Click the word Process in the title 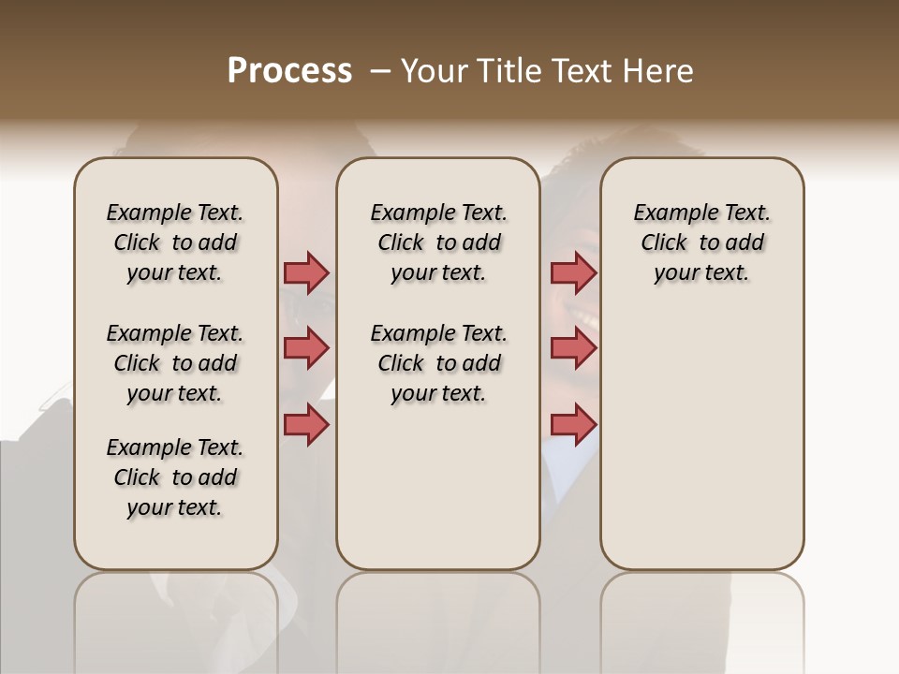(x=289, y=70)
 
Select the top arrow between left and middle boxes (x=306, y=272)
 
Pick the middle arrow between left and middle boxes (x=306, y=348)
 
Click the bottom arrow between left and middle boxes (x=306, y=424)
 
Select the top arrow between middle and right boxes (x=573, y=272)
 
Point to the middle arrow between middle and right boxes (x=573, y=348)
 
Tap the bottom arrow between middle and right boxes (x=573, y=424)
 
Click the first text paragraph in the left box (x=175, y=242)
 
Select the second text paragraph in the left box (x=175, y=363)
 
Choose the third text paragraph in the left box (x=175, y=477)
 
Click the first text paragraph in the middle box (x=438, y=242)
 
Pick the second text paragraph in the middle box (x=438, y=363)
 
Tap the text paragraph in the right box (x=701, y=242)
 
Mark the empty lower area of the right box (x=701, y=449)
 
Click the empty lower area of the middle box (x=438, y=487)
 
